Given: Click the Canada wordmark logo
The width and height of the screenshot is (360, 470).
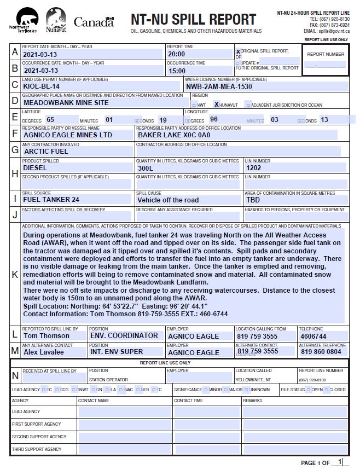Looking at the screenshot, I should [x=94, y=22].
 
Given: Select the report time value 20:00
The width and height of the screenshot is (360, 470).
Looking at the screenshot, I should [x=177, y=54].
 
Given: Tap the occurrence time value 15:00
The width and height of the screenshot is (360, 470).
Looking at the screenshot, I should [x=177, y=71].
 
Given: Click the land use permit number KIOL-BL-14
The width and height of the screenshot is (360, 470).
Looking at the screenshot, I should [x=42, y=86].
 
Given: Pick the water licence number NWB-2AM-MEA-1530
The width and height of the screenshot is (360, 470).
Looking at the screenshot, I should [x=219, y=86].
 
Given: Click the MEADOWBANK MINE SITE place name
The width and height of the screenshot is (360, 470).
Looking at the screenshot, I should [x=66, y=102].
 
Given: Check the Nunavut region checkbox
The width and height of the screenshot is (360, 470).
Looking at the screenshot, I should [x=217, y=104].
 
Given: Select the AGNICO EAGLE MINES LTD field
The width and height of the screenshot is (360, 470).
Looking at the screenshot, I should [x=67, y=135].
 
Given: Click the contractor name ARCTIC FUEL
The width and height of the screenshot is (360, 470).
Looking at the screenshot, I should [x=46, y=151].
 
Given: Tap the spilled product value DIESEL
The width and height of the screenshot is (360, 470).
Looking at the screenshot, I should [x=35, y=168].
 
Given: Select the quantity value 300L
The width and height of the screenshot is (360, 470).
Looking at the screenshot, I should [x=146, y=169].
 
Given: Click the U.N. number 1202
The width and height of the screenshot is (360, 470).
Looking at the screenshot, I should [x=254, y=168].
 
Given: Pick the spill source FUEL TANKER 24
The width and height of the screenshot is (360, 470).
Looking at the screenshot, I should [x=51, y=200].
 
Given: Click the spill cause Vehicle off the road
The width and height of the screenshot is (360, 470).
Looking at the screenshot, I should [x=169, y=200].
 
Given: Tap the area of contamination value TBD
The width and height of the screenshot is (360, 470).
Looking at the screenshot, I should [x=253, y=200].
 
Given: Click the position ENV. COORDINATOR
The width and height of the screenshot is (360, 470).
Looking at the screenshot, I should [x=124, y=335].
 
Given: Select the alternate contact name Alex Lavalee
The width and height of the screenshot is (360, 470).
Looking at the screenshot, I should [x=44, y=352].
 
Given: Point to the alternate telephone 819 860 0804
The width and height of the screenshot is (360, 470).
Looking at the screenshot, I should [x=321, y=352].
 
